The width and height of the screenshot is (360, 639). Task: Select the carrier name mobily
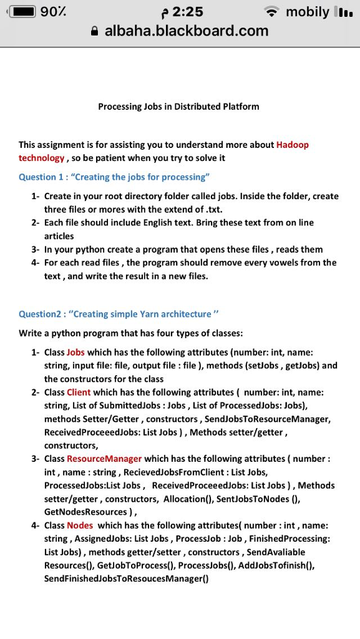308,12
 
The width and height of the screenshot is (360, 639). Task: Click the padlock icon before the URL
95,31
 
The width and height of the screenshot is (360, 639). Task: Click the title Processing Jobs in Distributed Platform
178,107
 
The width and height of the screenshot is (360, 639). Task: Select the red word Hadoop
292,145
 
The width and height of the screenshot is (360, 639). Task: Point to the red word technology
41,158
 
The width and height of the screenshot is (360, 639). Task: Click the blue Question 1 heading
114,177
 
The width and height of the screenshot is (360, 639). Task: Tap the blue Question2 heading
119,313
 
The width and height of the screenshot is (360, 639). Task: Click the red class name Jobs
75,352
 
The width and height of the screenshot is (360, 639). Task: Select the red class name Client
79,392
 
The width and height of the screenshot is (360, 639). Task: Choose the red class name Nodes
80,525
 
